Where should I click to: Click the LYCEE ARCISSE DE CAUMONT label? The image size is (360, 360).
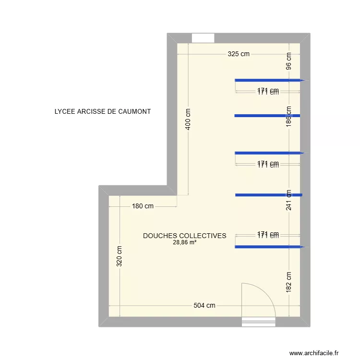103,111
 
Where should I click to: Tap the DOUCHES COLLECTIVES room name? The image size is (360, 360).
184,236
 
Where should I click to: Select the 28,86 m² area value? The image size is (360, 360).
184,242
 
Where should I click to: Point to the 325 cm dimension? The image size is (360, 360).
239,54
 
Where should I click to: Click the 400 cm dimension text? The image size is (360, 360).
188,118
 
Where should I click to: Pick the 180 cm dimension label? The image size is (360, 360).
143,206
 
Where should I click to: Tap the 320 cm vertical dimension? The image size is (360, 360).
119,256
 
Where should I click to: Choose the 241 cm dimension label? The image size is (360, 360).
288,200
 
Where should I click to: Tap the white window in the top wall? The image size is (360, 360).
203,38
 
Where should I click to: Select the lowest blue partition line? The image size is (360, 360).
268,247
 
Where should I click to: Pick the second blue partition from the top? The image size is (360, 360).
267,116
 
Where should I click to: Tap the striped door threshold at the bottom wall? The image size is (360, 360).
258,322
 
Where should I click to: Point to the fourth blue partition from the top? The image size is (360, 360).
268,195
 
